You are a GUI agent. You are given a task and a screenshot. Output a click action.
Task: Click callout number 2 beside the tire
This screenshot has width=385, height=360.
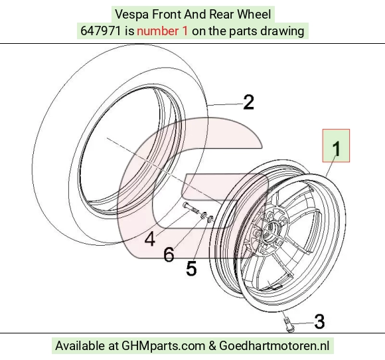click(x=248, y=102)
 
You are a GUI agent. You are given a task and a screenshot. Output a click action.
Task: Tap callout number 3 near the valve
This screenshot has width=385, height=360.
click(x=319, y=321)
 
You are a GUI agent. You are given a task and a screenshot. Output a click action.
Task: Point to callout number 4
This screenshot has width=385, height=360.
click(x=150, y=239)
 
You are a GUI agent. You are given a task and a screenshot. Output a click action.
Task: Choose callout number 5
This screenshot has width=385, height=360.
click(x=192, y=268)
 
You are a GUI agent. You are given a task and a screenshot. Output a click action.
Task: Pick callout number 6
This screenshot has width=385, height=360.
click(x=169, y=254)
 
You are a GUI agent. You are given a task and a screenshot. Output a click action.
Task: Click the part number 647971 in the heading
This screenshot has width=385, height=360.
click(x=101, y=31)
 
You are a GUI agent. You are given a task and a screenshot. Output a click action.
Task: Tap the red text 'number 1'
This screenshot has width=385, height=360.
click(x=163, y=31)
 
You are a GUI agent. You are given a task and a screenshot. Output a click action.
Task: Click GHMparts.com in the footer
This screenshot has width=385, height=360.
click(x=163, y=346)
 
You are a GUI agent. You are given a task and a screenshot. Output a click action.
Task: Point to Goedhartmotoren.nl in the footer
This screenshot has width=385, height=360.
click(x=274, y=345)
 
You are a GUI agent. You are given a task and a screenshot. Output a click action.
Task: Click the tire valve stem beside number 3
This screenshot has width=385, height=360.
click(x=289, y=325)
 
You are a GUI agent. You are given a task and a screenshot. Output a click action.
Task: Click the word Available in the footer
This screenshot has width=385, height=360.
click(x=80, y=345)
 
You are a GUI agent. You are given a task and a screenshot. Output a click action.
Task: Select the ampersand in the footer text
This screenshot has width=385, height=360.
click(x=212, y=346)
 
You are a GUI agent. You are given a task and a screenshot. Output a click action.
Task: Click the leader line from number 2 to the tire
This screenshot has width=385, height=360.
click(x=226, y=104)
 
